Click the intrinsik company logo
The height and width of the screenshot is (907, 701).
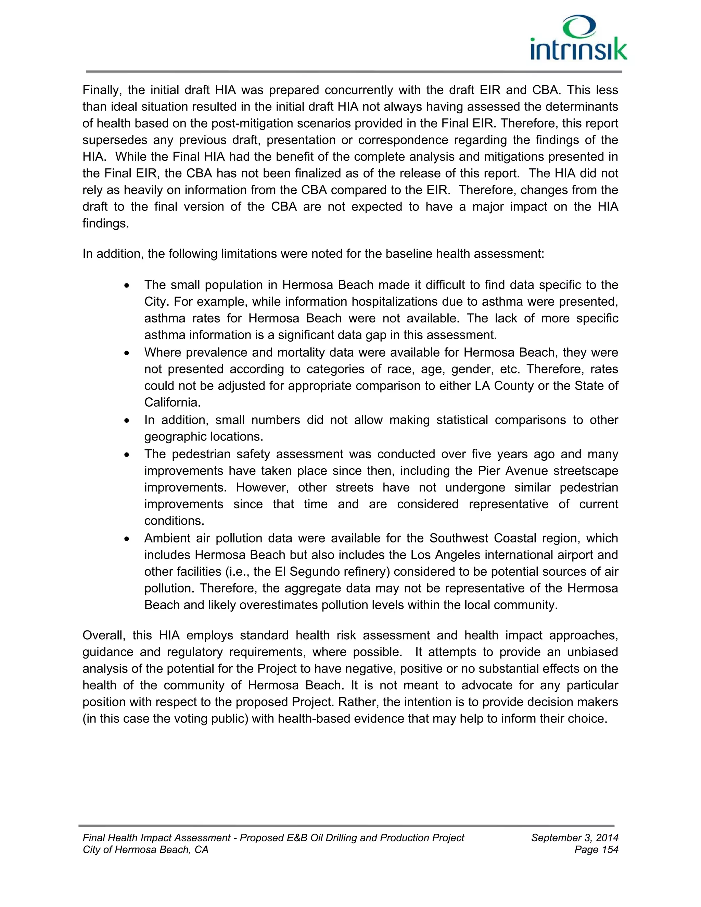[x=578, y=38]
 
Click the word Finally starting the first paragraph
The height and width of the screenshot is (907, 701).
[x=102, y=90]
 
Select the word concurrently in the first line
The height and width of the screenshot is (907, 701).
[x=359, y=90]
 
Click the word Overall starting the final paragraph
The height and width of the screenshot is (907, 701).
[x=103, y=635]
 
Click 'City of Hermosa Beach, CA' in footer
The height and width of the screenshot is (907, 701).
[x=145, y=850]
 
